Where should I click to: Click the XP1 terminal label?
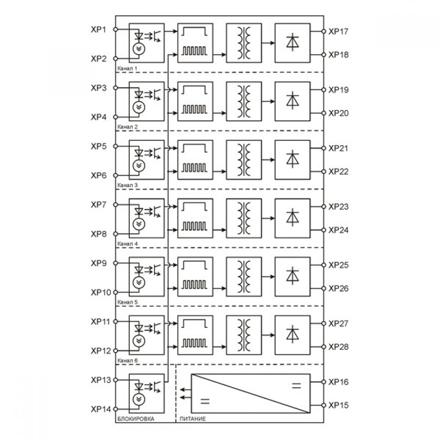[x=99, y=29]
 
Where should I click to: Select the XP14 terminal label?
[x=101, y=409]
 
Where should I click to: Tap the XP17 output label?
[x=338, y=31]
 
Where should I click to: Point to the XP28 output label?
[x=338, y=347]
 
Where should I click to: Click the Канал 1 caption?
[x=128, y=69]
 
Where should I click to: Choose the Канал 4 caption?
[x=128, y=244]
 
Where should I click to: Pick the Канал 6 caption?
[x=128, y=360]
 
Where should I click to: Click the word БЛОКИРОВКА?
[x=136, y=419]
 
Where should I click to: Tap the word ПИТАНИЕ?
[x=193, y=419]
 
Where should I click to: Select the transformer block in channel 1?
[x=244, y=43]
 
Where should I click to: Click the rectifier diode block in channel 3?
[x=293, y=160]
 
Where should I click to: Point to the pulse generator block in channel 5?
[x=195, y=277]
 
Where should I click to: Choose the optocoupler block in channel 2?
[x=147, y=101]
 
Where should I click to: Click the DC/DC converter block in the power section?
[x=251, y=393]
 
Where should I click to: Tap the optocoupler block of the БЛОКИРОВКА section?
[x=147, y=393]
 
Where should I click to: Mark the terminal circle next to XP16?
[x=323, y=382]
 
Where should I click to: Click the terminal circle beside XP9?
[x=115, y=263]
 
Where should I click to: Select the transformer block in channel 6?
[x=244, y=335]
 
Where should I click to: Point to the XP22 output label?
[x=338, y=172]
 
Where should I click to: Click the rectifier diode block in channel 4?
[x=293, y=218]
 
